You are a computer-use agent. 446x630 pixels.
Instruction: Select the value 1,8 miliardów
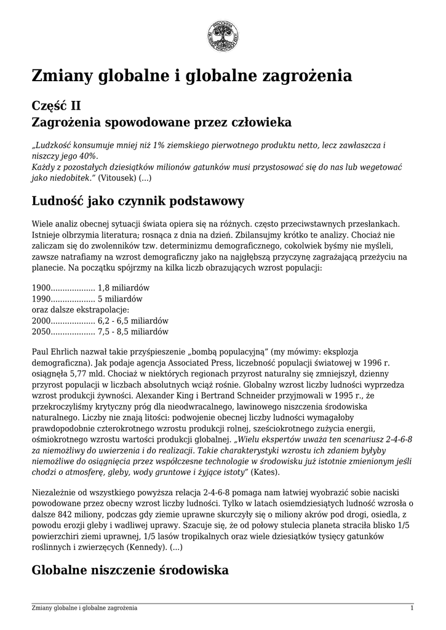pos(124,287)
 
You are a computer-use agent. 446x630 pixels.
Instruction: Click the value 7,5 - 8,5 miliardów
pos(133,332)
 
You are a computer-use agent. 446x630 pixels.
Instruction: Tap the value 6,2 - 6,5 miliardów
pos(133,321)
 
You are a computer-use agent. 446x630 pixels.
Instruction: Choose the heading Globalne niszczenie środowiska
pos(130,570)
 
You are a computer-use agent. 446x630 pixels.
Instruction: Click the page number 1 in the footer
pos(412,608)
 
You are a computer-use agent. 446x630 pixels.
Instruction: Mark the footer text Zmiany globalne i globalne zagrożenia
pos(84,608)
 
